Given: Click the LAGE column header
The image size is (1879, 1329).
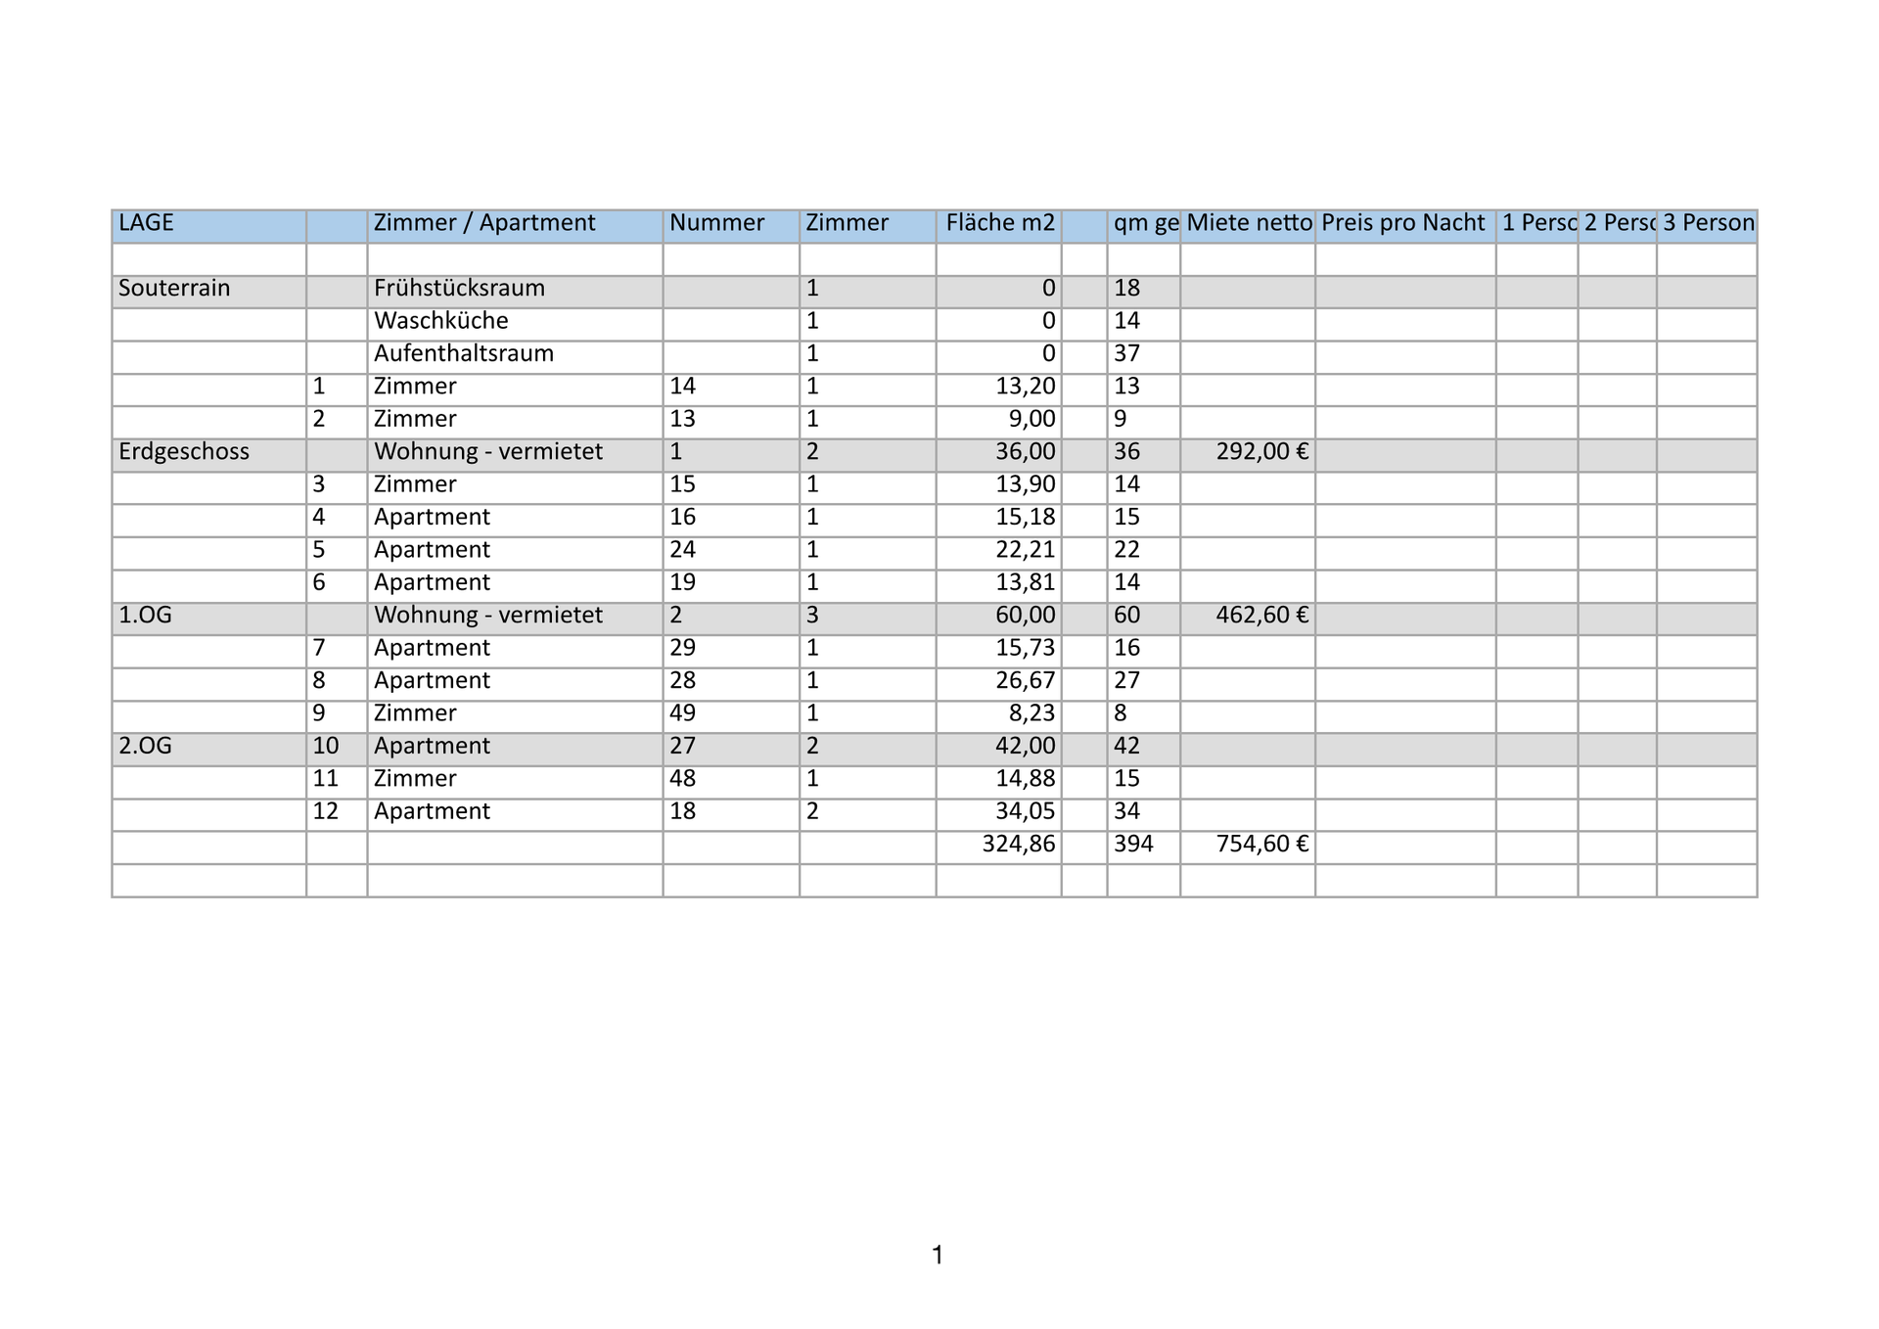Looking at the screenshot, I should click(146, 223).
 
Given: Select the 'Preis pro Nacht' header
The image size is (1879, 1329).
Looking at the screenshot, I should click(1402, 223).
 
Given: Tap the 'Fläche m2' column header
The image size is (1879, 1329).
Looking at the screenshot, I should click(1000, 223).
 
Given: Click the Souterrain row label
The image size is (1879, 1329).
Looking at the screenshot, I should click(174, 289).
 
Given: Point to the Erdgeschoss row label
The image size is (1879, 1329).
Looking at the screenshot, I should click(184, 452).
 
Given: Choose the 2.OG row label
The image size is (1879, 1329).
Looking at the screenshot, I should click(145, 747).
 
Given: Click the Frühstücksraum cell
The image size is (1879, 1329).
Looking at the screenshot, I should click(459, 289).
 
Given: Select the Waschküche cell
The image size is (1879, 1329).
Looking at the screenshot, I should click(440, 321).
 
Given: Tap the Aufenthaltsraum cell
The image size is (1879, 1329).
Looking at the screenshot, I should click(463, 353).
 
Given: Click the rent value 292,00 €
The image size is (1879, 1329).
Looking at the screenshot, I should click(1261, 452).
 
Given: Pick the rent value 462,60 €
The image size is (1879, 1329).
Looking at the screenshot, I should click(1261, 616).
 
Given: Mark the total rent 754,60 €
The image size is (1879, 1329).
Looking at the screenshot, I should click(1261, 845).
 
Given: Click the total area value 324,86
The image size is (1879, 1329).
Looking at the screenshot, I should click(1019, 845).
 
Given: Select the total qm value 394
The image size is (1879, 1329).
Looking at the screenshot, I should click(1133, 845).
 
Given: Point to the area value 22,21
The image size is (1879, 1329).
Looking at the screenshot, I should click(1026, 550).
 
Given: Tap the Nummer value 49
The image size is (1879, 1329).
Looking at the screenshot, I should click(682, 713).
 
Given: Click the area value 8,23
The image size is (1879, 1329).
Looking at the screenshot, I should click(1031, 713).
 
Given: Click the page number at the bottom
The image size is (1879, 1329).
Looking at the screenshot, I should click(938, 1256).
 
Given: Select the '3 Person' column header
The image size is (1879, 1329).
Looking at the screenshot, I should click(1708, 223).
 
